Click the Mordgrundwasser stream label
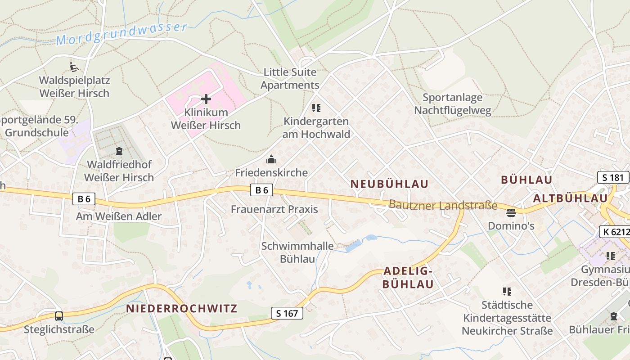(121, 34)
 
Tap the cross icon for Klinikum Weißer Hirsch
(206, 99)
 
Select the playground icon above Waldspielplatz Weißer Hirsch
(74, 67)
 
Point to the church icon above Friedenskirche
(271, 159)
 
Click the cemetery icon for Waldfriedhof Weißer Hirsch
(119, 151)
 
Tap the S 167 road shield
(287, 313)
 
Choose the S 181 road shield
(613, 177)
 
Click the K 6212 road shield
(615, 232)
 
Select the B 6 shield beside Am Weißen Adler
(84, 199)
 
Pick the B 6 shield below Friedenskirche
(261, 190)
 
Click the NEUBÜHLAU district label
(389, 184)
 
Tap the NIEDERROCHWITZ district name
(181, 309)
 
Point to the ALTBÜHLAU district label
(570, 198)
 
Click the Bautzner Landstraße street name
(443, 205)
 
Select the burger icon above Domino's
(511, 212)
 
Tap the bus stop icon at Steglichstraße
(59, 316)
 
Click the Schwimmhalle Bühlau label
(298, 252)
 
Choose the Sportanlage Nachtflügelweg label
(453, 104)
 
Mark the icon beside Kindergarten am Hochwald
(316, 108)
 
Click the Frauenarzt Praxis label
(274, 209)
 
